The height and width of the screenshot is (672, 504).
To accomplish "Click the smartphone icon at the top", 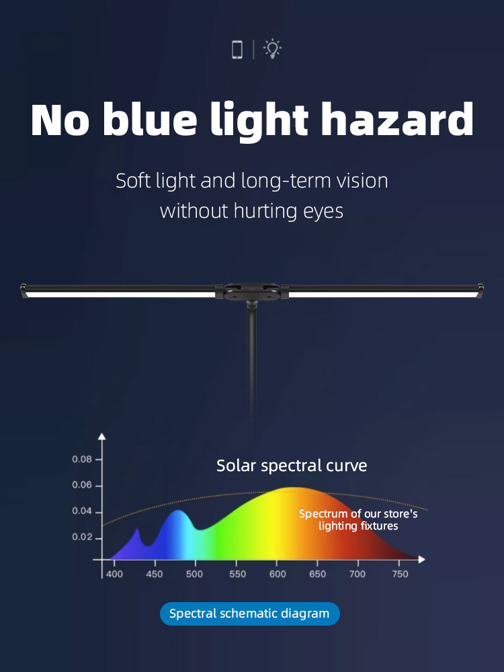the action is tap(237, 49).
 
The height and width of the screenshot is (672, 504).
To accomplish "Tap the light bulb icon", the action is tap(272, 49).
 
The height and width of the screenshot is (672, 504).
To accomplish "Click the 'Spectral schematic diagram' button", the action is tap(250, 614).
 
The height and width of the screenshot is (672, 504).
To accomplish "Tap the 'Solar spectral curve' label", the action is tap(292, 466).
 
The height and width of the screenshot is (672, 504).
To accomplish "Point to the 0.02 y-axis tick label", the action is tap(82, 538).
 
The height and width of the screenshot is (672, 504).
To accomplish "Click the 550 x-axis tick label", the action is tap(237, 575).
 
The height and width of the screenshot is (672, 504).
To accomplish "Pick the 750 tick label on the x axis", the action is tap(400, 575).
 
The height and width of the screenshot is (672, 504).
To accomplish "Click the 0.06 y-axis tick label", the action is tap(82, 485).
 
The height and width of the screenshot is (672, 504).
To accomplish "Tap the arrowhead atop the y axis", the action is tap(101, 436).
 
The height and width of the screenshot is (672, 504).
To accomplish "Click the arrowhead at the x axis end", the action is tap(422, 559).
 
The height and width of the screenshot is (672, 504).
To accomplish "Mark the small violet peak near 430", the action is tap(137, 532).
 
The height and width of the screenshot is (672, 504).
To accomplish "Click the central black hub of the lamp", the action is tap(252, 292).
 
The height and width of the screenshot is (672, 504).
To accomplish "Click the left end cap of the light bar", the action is tap(24, 290).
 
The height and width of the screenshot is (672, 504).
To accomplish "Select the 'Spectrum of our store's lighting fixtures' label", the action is tap(358, 520).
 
